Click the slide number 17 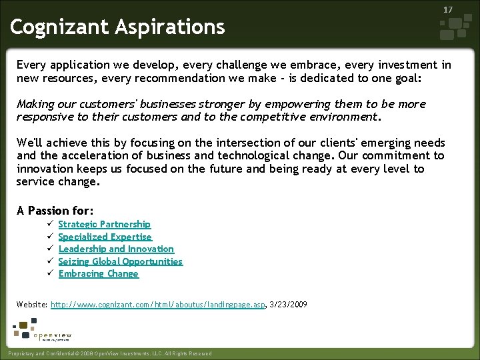[448, 10]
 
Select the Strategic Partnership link [104, 225]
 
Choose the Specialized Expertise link [105, 237]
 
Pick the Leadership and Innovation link [116, 249]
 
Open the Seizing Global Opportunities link [120, 261]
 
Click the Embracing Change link [98, 273]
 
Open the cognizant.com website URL [158, 304]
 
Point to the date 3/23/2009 [289, 304]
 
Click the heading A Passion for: [55, 211]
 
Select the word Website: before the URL [32, 304]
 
